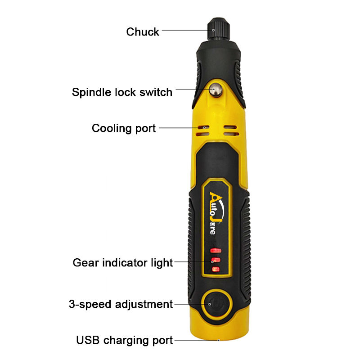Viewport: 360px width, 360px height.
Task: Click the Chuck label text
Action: [x=143, y=31]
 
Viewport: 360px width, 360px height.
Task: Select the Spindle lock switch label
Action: [x=122, y=92]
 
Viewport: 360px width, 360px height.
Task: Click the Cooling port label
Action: [x=124, y=128]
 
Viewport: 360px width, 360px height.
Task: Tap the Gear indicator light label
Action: [x=122, y=262]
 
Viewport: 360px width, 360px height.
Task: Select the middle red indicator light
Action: [x=216, y=261]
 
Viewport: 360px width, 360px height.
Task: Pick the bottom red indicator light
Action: [x=216, y=270]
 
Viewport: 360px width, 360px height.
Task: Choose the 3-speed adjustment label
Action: [x=121, y=304]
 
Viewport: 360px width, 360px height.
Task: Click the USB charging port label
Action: [x=125, y=340]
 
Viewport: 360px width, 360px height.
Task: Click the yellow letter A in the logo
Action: [x=216, y=198]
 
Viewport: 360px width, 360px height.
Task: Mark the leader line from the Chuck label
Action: [x=184, y=31]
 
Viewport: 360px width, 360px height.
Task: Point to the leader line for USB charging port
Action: [x=196, y=340]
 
